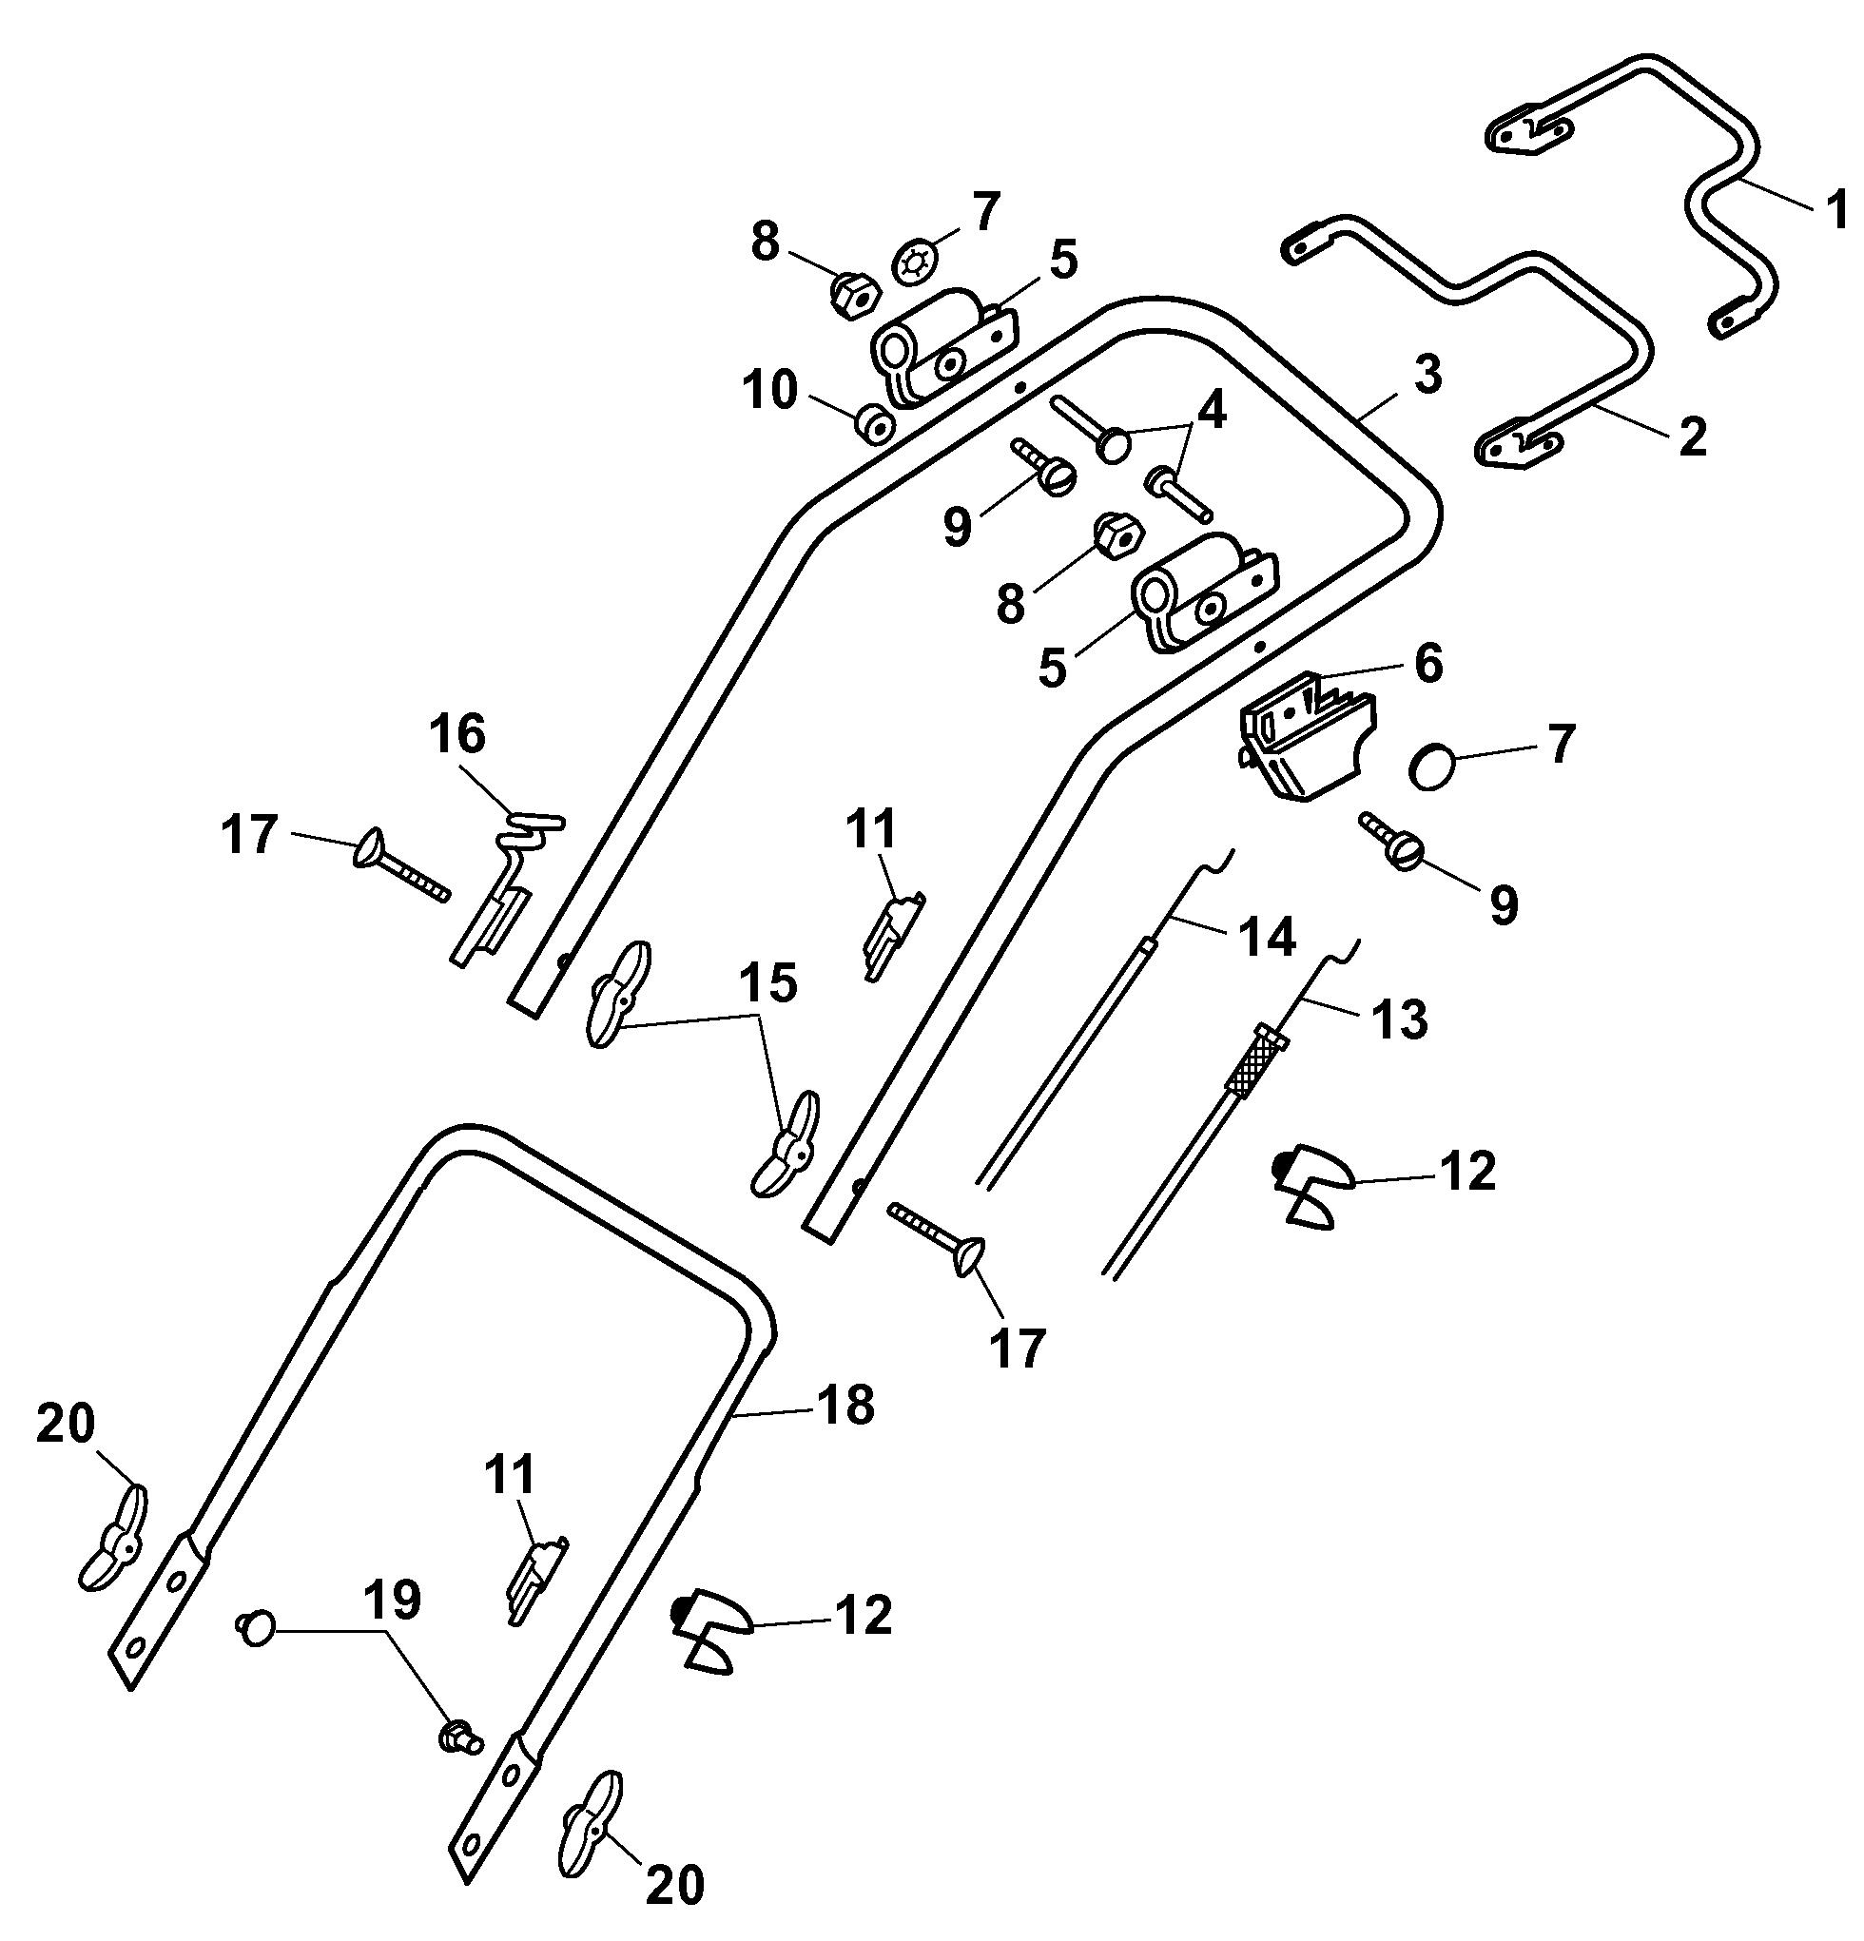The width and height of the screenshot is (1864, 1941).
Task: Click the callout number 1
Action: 1837,210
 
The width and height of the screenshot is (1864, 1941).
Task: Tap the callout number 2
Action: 1693,437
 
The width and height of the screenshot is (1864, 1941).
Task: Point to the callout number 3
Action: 1427,376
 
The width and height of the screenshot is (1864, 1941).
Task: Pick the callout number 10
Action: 771,391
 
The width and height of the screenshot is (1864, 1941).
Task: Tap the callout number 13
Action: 1400,1017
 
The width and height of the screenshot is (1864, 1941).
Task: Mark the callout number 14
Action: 1269,936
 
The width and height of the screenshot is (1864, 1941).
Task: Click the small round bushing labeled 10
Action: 875,426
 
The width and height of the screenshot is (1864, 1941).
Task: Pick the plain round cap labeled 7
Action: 1432,769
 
